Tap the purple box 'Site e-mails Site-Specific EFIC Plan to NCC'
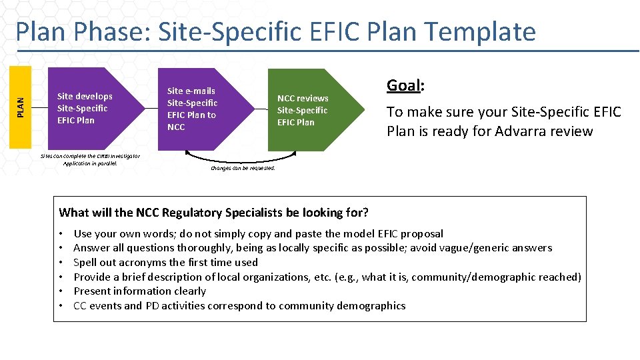(x=197, y=109)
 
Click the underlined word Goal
(x=403, y=85)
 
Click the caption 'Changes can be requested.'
(x=243, y=168)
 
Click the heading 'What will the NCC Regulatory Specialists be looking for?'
(x=213, y=213)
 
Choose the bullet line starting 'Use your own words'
(x=258, y=233)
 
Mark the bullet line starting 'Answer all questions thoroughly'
(x=312, y=248)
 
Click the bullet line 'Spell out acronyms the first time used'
(x=165, y=263)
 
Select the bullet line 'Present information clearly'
(x=139, y=291)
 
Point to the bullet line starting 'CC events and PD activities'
(x=239, y=306)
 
